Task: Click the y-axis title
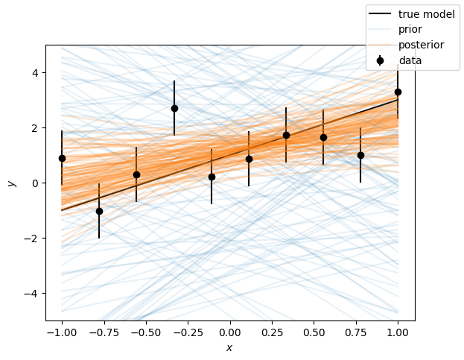pos(10,183)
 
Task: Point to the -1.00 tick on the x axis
pos(62,332)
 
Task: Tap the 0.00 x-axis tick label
pos(230,332)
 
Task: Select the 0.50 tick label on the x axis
pos(314,332)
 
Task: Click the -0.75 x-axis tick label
pos(104,332)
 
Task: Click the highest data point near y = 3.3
pos(398,92)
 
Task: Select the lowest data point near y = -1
pos(99,211)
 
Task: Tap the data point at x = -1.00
pos(62,158)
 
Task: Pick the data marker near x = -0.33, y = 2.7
pos(174,108)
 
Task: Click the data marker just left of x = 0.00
pos(212,177)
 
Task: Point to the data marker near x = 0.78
pos(360,155)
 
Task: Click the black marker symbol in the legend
pos(380,60)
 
